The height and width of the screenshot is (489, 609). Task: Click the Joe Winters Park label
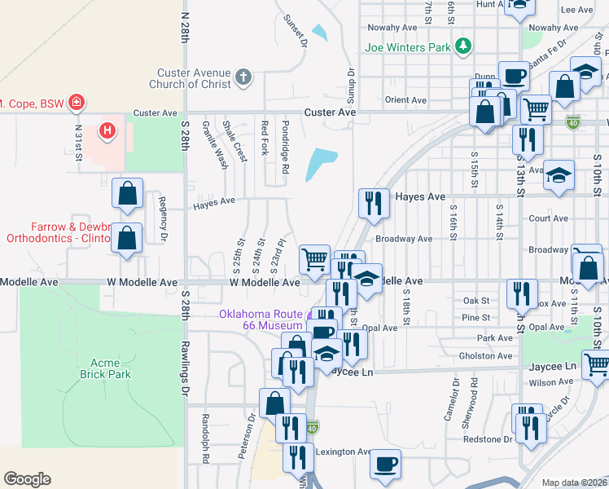407,47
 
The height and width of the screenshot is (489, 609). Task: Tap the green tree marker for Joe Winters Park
463,46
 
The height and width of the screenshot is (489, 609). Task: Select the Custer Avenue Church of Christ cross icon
242,78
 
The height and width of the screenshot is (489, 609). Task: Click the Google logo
27,479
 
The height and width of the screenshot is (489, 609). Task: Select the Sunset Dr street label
294,29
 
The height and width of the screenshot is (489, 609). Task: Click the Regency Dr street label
164,222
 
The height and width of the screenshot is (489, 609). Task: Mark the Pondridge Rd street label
285,147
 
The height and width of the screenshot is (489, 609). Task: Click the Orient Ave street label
406,100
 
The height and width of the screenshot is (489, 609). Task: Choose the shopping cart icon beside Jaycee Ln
598,363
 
